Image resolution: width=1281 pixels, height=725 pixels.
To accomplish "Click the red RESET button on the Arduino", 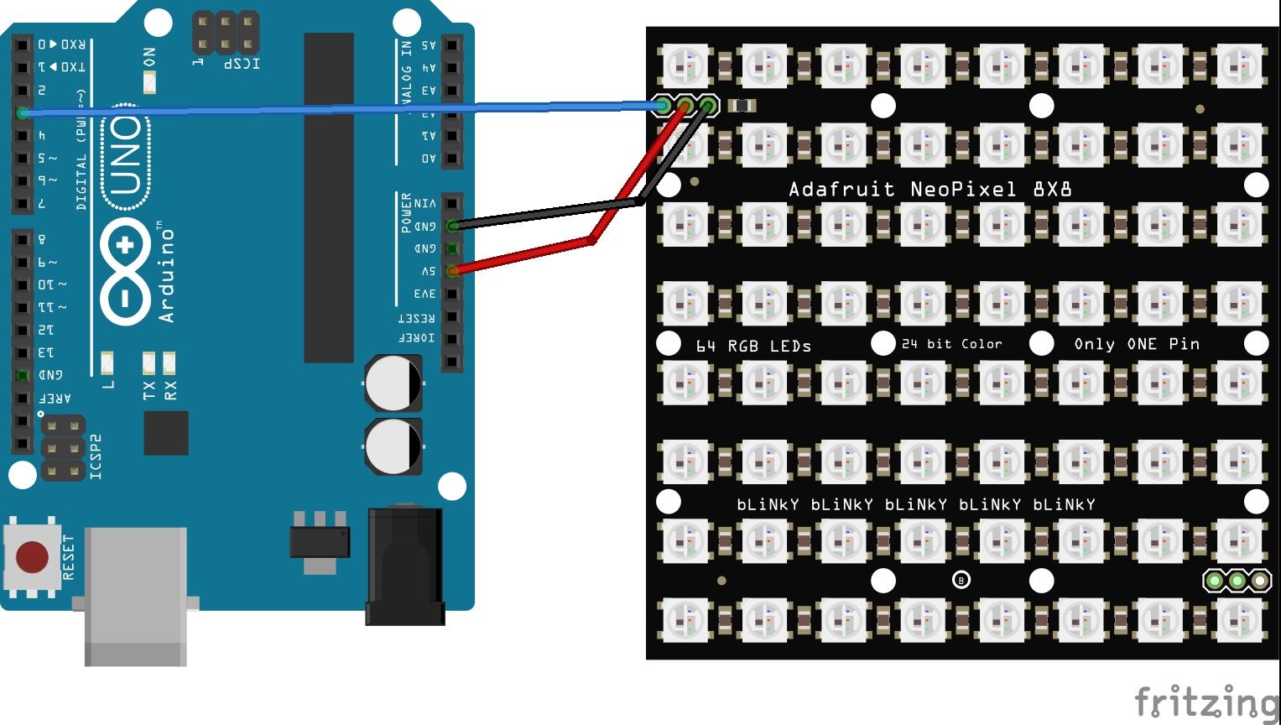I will pos(32,556).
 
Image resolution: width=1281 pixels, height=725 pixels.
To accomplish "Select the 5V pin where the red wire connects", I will pos(452,271).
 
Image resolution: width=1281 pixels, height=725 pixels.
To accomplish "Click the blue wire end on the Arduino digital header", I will pos(23,112).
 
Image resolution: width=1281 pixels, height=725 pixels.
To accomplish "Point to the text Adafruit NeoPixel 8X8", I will pos(930,189).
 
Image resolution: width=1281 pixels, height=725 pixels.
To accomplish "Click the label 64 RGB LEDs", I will pos(753,346).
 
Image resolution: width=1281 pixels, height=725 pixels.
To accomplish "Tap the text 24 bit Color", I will pos(951,344).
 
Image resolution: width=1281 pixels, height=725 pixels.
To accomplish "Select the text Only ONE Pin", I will pos(1137,344).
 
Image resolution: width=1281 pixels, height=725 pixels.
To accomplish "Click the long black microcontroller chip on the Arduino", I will pos(329,197).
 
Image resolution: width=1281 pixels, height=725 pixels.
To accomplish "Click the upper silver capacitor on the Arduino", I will pos(393,383).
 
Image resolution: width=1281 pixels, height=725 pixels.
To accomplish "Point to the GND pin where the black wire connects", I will pos(452,226).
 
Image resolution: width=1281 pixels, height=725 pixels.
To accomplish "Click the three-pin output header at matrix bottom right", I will pos(1237,580).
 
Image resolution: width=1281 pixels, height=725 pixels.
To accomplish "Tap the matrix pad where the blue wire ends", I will pos(663,106).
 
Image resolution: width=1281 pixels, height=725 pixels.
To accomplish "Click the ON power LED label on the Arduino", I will pos(149,57).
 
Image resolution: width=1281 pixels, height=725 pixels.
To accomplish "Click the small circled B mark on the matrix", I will pos(961,580).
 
